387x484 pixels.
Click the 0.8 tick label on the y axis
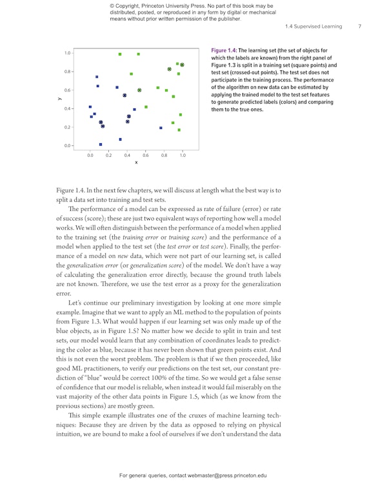point(67,72)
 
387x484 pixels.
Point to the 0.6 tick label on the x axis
point(146,156)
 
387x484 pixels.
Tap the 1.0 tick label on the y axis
point(67,53)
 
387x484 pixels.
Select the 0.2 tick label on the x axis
point(108,156)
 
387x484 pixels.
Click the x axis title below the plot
point(136,163)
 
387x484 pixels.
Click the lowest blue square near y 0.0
point(101,145)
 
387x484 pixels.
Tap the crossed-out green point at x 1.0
point(182,65)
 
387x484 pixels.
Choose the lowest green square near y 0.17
point(179,130)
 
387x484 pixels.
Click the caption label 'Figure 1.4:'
point(224,50)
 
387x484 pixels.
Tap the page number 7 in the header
point(359,27)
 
